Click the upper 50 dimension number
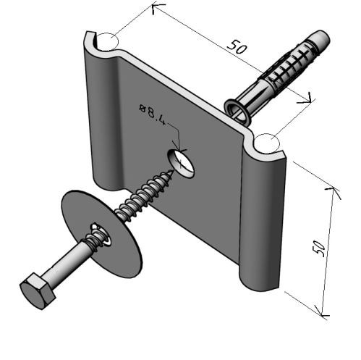pyautogui.click(x=237, y=46)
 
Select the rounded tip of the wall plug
pyautogui.click(x=322, y=38)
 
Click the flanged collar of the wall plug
pyautogui.click(x=237, y=112)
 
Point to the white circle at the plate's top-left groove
pyautogui.click(x=107, y=42)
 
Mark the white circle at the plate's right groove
pyautogui.click(x=267, y=143)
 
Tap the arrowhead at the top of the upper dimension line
pyautogui.click(x=158, y=9)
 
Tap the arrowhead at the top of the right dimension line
pyautogui.click(x=335, y=192)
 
